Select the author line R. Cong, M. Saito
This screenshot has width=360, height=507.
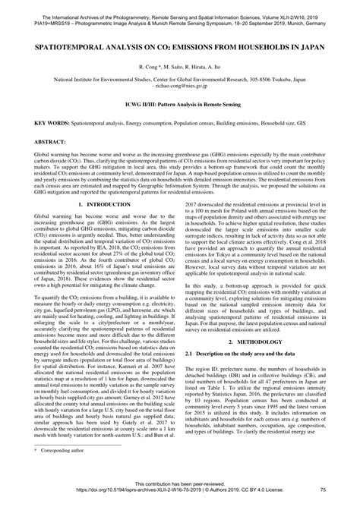(x=179, y=68)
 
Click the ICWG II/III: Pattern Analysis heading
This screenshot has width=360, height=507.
(x=179, y=103)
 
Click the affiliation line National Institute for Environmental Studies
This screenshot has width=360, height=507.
(x=179, y=78)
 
